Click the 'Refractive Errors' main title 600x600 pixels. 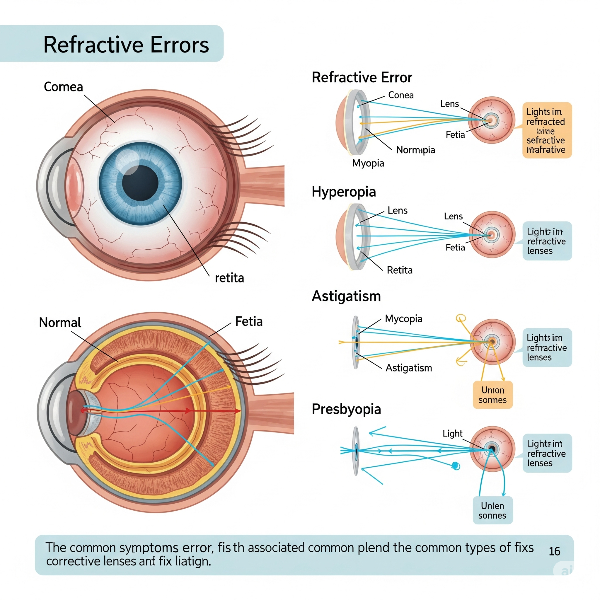pos(126,45)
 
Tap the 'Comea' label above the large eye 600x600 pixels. pos(63,87)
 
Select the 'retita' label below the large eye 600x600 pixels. pos(229,278)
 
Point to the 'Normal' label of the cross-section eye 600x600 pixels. pos(60,323)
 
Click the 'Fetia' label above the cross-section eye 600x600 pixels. pos(249,321)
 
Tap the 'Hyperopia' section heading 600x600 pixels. pos(343,192)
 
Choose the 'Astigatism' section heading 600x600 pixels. pos(346,296)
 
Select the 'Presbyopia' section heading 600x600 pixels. pos(346,409)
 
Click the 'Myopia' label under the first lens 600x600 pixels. pos(368,163)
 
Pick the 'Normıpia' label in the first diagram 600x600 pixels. pos(415,150)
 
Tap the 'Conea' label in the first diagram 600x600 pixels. pos(400,95)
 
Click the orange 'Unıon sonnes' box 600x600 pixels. pos(492,395)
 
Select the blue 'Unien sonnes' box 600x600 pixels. pos(492,511)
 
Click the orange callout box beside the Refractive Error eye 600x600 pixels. pos(547,130)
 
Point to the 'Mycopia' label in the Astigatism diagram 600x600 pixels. pos(403,319)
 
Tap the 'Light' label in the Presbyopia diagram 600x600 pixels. pos(452,434)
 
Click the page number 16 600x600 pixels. pos(554,552)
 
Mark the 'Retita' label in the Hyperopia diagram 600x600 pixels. pos(399,270)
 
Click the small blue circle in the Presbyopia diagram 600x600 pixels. pos(456,466)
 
